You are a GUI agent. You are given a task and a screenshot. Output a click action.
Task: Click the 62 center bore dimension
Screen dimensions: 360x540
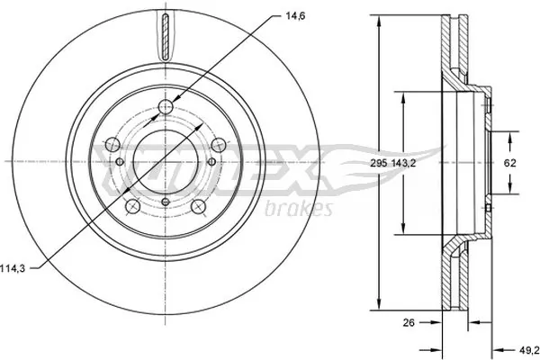509,163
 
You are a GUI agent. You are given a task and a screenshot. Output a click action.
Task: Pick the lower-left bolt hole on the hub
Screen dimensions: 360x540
131,207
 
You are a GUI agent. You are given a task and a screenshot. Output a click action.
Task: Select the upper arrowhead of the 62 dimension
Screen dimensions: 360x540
509,136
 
